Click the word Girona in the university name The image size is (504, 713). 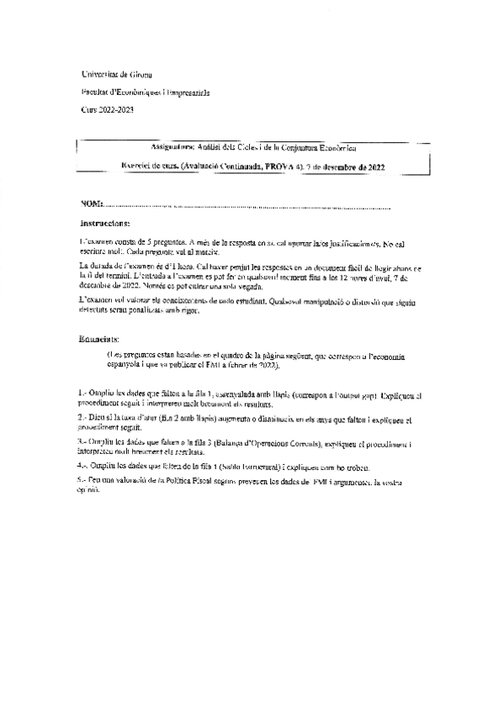tap(140, 76)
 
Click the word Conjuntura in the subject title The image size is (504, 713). tap(318, 146)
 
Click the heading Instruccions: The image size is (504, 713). tap(105, 224)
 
